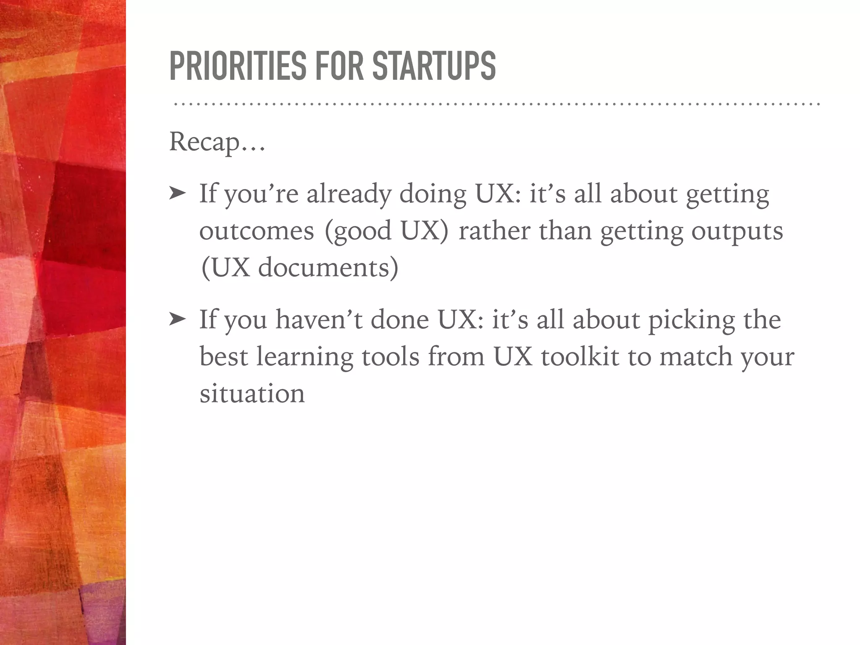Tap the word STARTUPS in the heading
click(x=434, y=66)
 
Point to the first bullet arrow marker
click(x=177, y=194)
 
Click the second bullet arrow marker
click(x=177, y=320)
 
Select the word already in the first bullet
click(x=348, y=195)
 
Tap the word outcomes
click(x=257, y=231)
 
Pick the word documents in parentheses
click(x=328, y=268)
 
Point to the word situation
click(x=252, y=393)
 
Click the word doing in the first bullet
click(x=433, y=195)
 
